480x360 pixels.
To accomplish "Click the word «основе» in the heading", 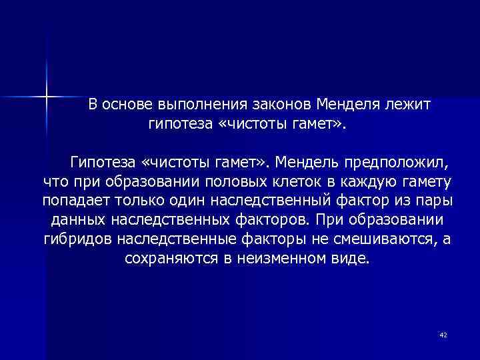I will pyautogui.click(x=129, y=105).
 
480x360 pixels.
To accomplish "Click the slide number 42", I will pyautogui.click(x=443, y=335).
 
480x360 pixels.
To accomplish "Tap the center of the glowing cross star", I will pyautogui.click(x=47, y=97).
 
